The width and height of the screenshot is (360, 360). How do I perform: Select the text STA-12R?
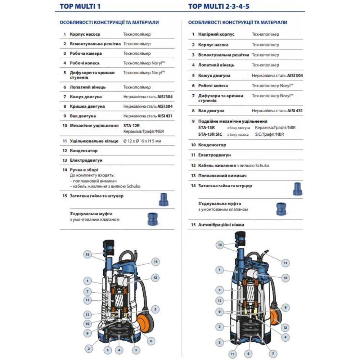pyautogui.click(x=131, y=126)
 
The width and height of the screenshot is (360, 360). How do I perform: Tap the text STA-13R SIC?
pyautogui.click(x=210, y=134)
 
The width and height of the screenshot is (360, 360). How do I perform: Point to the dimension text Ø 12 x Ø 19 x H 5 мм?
pyautogui.click(x=142, y=141)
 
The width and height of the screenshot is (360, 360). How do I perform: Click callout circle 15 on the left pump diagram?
pyautogui.click(x=87, y=254)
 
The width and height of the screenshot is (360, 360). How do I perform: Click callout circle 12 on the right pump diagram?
pyautogui.click(x=285, y=263)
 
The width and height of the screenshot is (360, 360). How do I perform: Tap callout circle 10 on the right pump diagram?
pyautogui.click(x=285, y=278)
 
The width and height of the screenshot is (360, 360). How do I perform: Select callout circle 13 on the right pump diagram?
pyautogui.click(x=285, y=327)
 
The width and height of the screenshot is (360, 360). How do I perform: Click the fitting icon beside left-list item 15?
pyautogui.click(x=164, y=199)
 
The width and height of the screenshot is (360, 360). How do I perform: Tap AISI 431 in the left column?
pyautogui.click(x=165, y=116)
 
